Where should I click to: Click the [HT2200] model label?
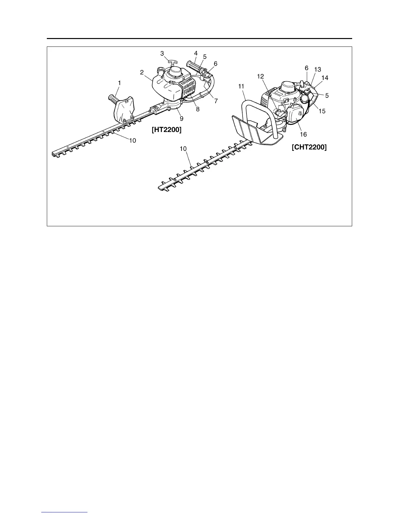tap(166, 129)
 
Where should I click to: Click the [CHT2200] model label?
tap(309, 147)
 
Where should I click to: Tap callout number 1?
tap(119, 83)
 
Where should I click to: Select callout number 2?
tap(142, 72)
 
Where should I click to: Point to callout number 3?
tap(162, 53)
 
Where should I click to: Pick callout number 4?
tap(196, 53)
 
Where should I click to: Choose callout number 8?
tap(197, 109)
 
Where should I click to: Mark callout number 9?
tap(182, 119)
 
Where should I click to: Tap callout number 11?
tap(241, 86)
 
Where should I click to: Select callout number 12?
tap(260, 76)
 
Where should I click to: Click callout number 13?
tap(318, 69)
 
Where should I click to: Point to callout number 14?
tap(325, 78)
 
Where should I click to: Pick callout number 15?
tap(322, 111)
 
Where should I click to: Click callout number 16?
tap(303, 134)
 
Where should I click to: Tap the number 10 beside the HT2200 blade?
tap(133, 140)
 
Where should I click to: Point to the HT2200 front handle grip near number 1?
tap(111, 98)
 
